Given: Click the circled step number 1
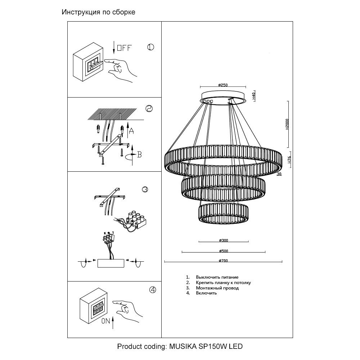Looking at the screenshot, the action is point(150,47).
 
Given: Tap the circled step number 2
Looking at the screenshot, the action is point(149,108).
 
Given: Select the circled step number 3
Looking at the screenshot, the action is point(145,189).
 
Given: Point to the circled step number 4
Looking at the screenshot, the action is point(153,290).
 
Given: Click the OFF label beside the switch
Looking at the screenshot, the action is point(125,48).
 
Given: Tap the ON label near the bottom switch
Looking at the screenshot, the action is point(106,321).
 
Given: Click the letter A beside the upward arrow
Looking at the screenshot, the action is point(131,131).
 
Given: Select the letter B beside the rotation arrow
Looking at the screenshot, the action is point(139,154).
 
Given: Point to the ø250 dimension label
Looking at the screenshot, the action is point(223,85).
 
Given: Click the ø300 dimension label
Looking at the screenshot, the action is point(224,240).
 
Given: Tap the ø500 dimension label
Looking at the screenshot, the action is point(224,251).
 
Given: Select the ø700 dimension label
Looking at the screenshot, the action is point(224,261).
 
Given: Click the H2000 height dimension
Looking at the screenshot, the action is point(287,125).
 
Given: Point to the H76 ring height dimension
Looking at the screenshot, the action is point(289,159).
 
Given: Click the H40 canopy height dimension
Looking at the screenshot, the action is point(254,95).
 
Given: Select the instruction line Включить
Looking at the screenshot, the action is point(206,293).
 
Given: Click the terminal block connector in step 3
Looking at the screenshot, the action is point(136,220).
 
